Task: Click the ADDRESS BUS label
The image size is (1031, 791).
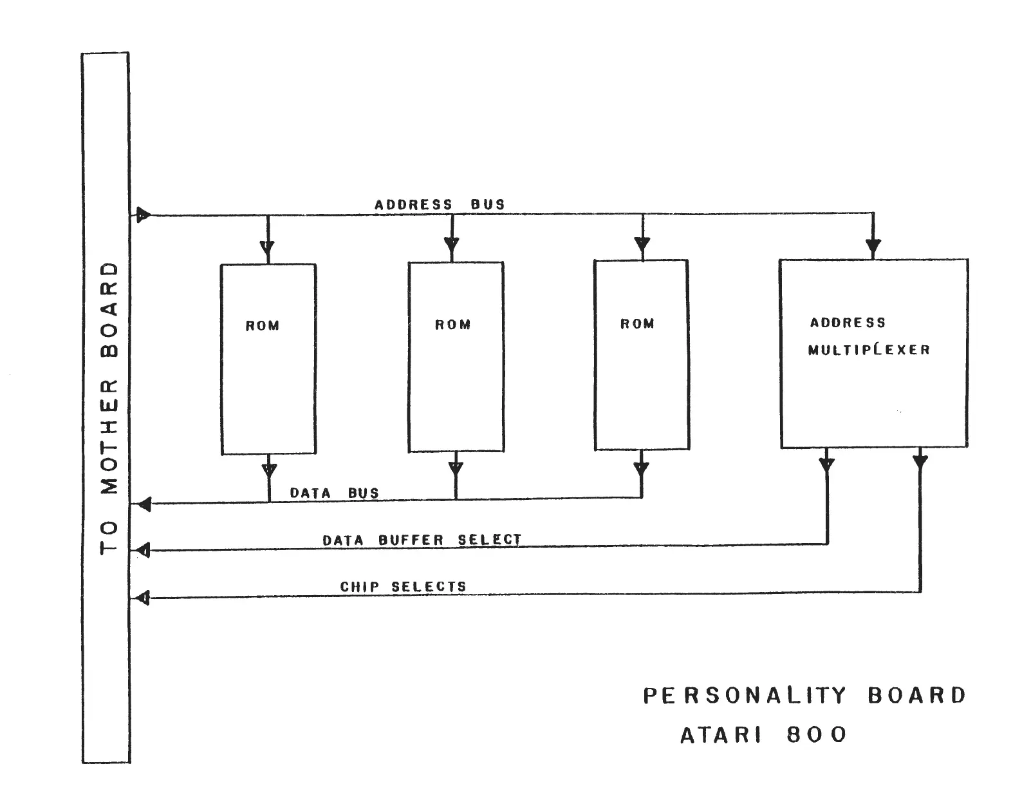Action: point(440,205)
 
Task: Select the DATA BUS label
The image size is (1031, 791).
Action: point(334,493)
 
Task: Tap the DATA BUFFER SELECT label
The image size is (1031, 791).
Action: point(422,540)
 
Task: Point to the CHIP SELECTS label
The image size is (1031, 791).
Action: point(403,587)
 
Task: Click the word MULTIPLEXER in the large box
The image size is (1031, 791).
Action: point(869,350)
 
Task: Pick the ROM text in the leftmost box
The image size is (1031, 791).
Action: point(263,326)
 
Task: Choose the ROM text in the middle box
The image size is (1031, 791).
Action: point(452,325)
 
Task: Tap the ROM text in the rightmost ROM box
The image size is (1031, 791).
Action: point(637,324)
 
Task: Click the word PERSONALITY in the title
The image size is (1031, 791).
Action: point(745,696)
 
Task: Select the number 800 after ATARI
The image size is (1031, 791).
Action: point(817,735)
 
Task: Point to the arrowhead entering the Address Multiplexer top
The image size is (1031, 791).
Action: point(873,247)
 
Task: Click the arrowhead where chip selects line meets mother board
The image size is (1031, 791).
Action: point(144,598)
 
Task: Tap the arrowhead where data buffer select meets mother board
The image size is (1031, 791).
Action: point(144,550)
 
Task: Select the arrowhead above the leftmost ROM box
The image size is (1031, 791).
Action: point(267,248)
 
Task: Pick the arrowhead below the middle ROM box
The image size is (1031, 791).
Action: point(456,468)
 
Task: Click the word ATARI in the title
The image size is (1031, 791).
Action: point(721,735)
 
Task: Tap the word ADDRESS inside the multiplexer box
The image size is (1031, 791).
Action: point(848,323)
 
